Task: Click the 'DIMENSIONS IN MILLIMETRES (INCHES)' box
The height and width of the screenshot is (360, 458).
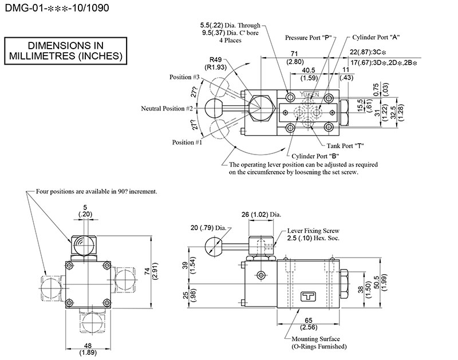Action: tap(65, 50)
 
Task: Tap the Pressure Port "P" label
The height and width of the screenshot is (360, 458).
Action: tap(309, 37)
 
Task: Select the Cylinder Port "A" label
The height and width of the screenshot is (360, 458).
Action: tap(376, 37)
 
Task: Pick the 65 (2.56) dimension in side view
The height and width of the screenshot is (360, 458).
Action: tap(309, 324)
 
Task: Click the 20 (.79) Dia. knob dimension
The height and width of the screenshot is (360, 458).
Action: tap(212, 228)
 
